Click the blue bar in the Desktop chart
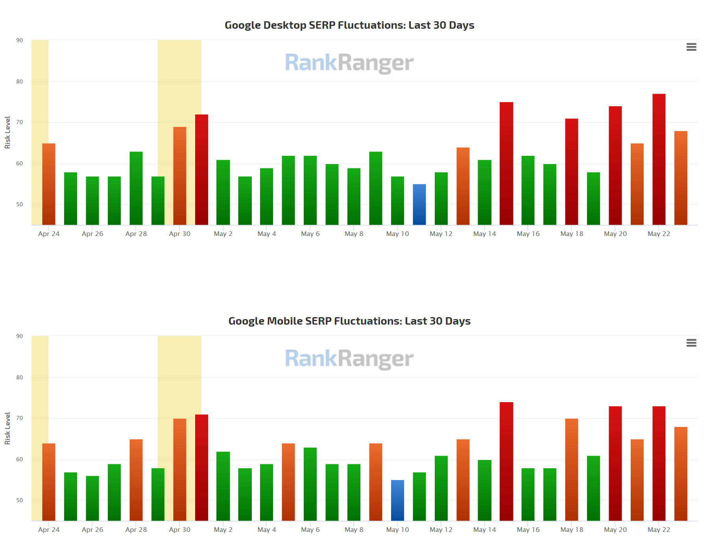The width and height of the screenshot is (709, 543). click(x=419, y=205)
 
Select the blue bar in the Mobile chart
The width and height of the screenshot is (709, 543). click(x=397, y=501)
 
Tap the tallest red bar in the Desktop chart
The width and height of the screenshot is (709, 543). click(x=659, y=159)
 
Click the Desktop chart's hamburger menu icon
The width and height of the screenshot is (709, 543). click(x=691, y=47)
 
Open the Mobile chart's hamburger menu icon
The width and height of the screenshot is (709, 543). click(x=691, y=343)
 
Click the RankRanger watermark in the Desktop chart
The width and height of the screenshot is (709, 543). click(x=349, y=63)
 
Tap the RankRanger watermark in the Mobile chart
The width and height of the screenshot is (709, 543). click(x=349, y=359)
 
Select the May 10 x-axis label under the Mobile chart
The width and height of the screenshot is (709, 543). click(x=397, y=530)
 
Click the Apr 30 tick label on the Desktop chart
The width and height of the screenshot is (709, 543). click(x=179, y=234)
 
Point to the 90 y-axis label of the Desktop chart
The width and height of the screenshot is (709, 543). click(x=20, y=40)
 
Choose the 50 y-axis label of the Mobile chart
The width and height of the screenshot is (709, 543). click(x=20, y=500)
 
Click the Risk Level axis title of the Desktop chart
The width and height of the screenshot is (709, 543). click(x=7, y=132)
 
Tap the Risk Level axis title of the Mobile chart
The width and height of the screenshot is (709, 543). click(x=7, y=428)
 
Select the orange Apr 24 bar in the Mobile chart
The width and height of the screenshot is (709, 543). click(x=49, y=482)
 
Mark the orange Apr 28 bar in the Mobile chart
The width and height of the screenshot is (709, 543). click(x=136, y=480)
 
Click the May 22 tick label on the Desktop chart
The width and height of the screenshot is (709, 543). click(x=659, y=234)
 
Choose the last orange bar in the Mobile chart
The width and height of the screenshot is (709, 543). click(x=681, y=474)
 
